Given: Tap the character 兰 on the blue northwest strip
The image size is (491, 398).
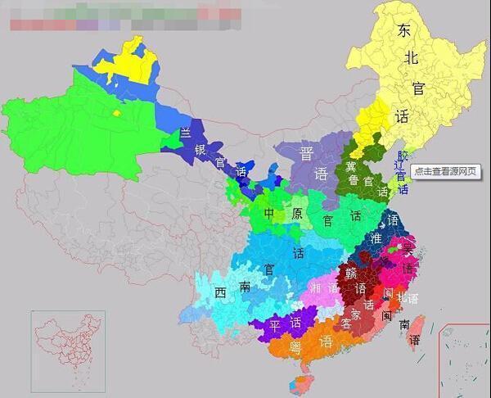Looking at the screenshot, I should (x=186, y=133).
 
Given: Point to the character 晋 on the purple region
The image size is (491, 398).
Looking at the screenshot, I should (x=307, y=153).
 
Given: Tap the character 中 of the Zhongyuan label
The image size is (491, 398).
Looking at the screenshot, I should (x=269, y=214).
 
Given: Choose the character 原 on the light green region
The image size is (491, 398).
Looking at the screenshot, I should (x=298, y=214).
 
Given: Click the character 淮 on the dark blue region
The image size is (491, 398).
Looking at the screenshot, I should (x=376, y=238).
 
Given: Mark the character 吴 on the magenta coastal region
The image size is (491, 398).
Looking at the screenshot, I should (x=408, y=248).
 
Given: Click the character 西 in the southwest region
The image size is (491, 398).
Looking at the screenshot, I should (x=220, y=292).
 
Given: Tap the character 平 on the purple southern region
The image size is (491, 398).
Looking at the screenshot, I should (x=275, y=326).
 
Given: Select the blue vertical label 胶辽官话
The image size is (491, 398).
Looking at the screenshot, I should (x=401, y=171).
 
